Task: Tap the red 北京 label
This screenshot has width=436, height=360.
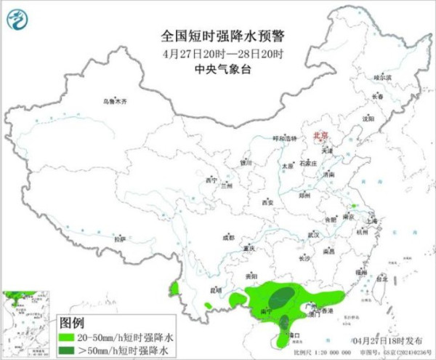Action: click(320, 135)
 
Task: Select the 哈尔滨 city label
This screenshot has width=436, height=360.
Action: click(382, 77)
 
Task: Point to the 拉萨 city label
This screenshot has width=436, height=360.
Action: click(120, 239)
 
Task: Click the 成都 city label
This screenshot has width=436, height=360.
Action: click(228, 238)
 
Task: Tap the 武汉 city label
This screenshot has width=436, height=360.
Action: click(314, 235)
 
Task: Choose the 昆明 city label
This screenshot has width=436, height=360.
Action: click(215, 290)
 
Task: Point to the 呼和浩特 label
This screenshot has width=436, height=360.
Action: click(285, 138)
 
